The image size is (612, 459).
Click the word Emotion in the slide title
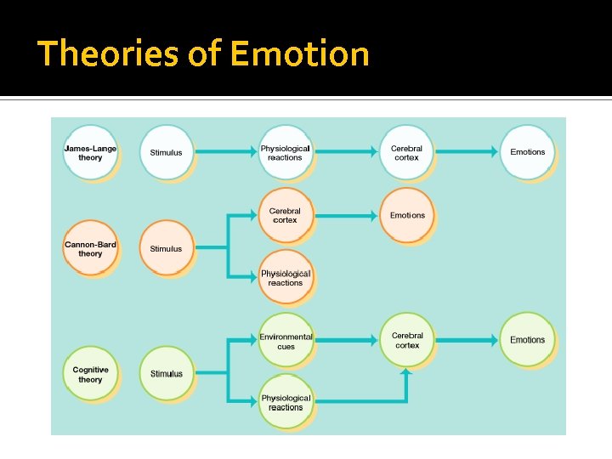[x=299, y=54]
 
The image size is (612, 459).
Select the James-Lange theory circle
[x=90, y=152]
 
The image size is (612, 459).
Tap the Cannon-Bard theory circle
[x=90, y=248]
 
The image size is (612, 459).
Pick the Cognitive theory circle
[x=90, y=374]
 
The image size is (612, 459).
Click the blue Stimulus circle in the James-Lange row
[x=166, y=152]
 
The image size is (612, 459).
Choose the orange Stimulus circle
[x=166, y=248]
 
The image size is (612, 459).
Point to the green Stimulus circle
[x=167, y=374]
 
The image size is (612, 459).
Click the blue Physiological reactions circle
[x=285, y=152]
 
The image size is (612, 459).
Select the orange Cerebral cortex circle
[x=285, y=215]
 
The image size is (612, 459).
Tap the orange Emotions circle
[x=407, y=215]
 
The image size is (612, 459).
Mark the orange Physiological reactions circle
[x=286, y=278]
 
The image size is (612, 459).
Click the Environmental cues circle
[x=286, y=341]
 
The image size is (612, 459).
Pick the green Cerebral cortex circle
[x=407, y=340]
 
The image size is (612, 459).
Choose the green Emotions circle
[x=527, y=340]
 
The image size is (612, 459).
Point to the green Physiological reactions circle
[x=286, y=402]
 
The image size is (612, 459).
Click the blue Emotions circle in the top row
[x=527, y=152]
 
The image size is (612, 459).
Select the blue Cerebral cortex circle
[x=406, y=152]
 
